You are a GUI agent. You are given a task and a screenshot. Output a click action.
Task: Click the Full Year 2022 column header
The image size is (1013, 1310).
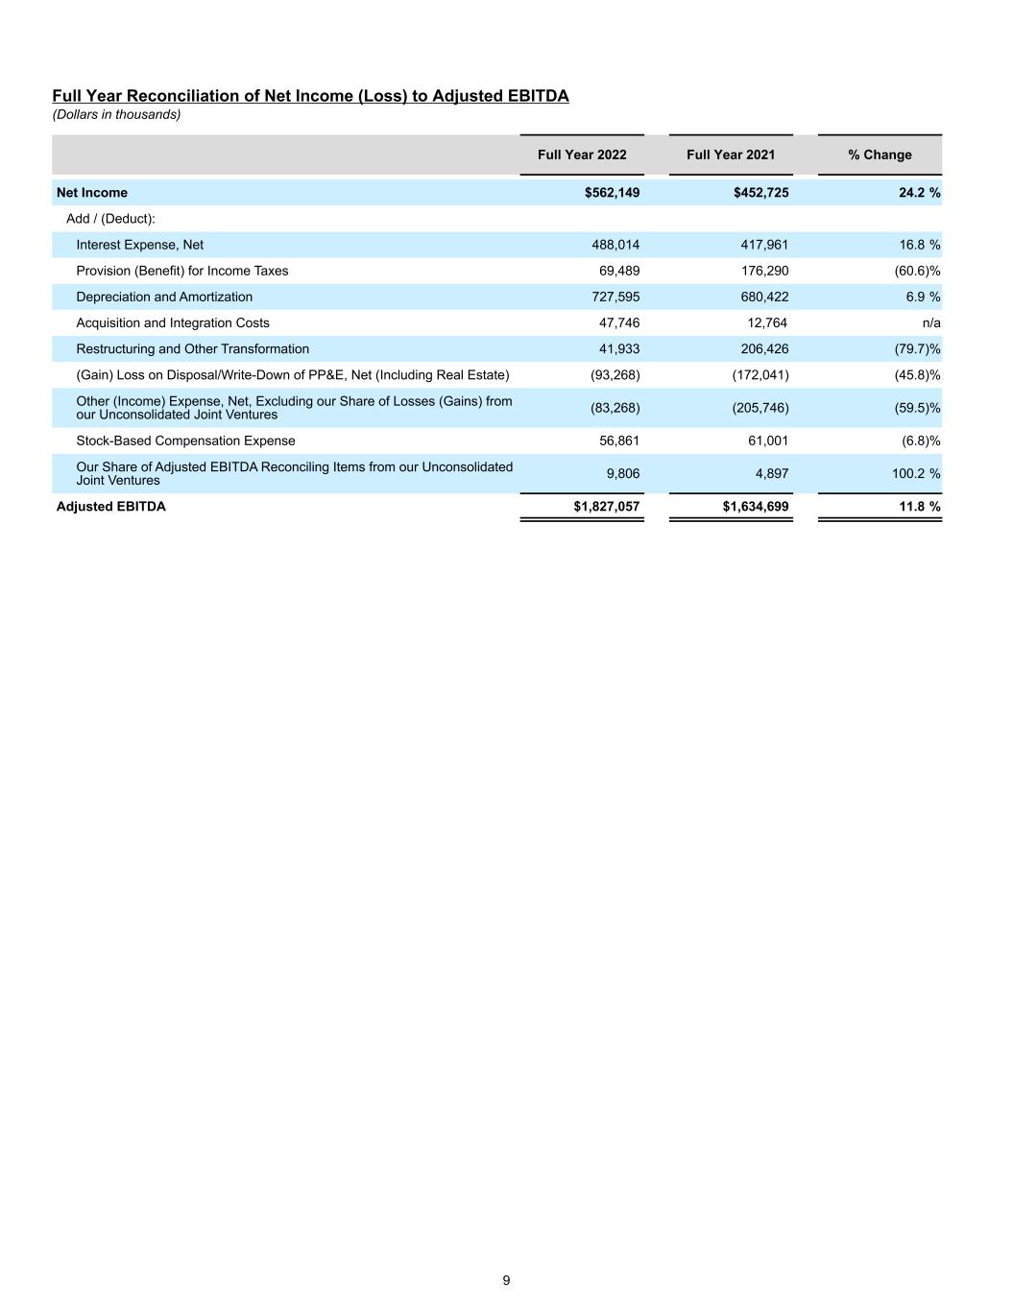click(582, 155)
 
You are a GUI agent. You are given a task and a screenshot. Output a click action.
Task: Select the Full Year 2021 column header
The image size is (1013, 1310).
click(731, 155)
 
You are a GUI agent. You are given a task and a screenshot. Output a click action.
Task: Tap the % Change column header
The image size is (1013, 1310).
click(880, 155)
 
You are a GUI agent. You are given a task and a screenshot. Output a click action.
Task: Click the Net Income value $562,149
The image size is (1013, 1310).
click(612, 193)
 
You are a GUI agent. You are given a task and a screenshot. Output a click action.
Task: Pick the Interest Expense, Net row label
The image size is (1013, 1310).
click(140, 245)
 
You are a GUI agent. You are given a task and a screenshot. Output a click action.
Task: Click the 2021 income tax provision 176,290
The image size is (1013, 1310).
click(764, 271)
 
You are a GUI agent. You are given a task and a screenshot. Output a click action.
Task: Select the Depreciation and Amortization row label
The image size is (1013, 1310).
click(164, 297)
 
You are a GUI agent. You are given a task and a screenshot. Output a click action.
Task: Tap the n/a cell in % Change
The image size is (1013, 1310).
click(930, 323)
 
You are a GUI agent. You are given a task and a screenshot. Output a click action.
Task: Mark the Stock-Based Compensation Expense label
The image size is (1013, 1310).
click(185, 441)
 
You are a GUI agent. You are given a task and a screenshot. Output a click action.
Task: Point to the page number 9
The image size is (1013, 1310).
click(506, 1280)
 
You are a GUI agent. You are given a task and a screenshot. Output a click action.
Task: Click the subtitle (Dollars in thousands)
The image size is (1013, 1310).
click(116, 114)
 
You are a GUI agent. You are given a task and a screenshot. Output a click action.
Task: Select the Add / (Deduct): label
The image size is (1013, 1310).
click(110, 219)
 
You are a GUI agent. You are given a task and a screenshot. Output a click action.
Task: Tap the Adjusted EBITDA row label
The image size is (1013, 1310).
click(111, 507)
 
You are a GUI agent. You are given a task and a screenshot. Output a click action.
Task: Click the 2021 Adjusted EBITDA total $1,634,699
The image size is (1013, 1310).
click(756, 507)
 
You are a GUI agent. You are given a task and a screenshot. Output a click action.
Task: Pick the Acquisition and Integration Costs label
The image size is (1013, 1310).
click(173, 323)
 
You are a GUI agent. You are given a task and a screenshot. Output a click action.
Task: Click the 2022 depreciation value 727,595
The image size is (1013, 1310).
click(615, 298)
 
